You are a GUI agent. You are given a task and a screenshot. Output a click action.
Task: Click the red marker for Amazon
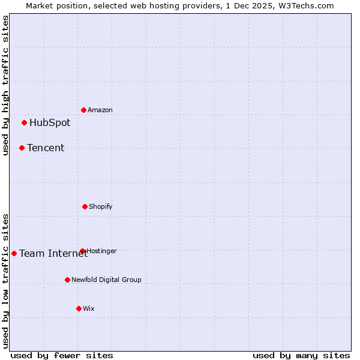pos(83,110)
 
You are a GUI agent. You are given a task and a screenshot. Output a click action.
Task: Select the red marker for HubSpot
pos(24,123)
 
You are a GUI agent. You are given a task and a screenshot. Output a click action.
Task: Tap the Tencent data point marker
pos(22,148)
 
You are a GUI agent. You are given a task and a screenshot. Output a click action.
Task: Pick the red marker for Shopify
pos(85,206)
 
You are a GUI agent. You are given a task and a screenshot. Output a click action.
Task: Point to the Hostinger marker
pos(82,251)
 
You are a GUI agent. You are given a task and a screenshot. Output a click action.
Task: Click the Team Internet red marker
pos(14,253)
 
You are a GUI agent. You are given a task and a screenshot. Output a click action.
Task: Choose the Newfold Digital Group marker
pos(67,280)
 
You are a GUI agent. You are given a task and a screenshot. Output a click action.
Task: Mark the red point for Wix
pos(79,308)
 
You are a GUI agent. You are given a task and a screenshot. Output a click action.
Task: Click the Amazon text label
pos(100,110)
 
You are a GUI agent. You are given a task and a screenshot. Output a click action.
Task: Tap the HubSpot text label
pos(50,123)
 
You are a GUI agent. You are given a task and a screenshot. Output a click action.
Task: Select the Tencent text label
pos(46,148)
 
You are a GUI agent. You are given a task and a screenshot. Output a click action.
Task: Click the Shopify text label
pos(101,206)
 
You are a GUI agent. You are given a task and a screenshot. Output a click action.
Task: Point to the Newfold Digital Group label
pos(106,280)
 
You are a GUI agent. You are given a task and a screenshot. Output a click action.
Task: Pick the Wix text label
pos(89,308)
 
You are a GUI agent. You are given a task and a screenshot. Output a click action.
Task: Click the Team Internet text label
pos(53,253)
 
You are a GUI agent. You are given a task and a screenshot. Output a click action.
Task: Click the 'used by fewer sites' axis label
pos(62,355)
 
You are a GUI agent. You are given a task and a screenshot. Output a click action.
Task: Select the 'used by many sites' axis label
pos(301,355)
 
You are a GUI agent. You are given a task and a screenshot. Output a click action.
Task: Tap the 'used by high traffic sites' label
pos(5,85)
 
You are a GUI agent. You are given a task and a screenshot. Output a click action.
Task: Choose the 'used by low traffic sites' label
pos(5,281)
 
